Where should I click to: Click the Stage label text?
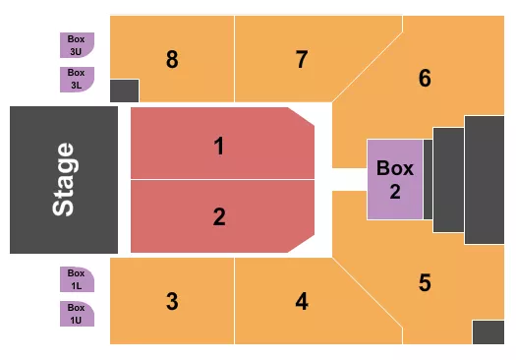tap(64, 180)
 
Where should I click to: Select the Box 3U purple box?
tap(77, 44)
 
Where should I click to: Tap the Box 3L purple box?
tap(77, 79)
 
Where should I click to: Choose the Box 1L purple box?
tap(77, 279)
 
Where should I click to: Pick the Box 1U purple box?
tap(77, 314)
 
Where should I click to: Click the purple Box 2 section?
tap(395, 180)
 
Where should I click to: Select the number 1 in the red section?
tap(219, 147)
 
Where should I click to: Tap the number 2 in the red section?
tap(219, 216)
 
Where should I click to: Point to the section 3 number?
tap(172, 301)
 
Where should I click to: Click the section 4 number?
tap(302, 301)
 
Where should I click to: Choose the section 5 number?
tap(425, 283)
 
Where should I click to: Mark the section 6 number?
tap(425, 78)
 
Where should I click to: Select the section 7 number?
tap(302, 59)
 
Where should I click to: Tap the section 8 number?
tap(172, 59)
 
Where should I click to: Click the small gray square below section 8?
tap(125, 90)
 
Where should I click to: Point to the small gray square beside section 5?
tap(487, 331)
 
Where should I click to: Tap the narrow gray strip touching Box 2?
tap(428, 180)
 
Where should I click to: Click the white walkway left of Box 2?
tap(349, 180)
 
